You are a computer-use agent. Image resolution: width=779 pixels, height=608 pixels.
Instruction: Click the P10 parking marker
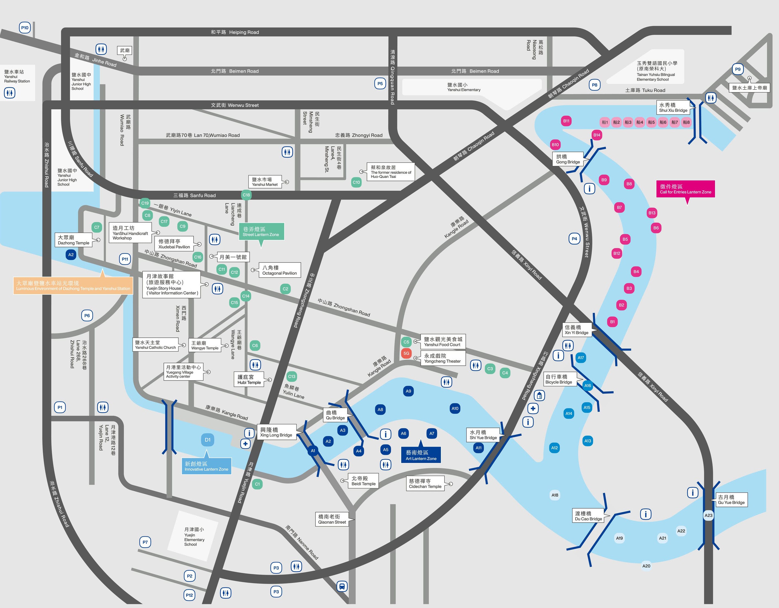point(25,28)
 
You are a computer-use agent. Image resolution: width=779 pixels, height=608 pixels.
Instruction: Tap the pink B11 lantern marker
point(566,121)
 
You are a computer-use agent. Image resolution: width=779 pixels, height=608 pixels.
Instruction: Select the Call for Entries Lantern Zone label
point(685,189)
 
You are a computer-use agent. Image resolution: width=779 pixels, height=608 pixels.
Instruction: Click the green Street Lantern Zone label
point(261,231)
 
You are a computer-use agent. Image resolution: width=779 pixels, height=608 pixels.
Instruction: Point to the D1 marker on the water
point(208,440)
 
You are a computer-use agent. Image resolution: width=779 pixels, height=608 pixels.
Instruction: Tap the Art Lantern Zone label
point(421,455)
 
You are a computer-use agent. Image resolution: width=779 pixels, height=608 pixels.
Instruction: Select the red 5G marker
point(406,353)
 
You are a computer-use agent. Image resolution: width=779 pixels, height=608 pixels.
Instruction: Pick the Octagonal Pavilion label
point(279,270)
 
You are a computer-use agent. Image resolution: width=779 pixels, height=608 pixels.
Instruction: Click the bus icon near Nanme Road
point(342,586)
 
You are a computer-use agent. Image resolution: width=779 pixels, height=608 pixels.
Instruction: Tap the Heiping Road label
point(235,32)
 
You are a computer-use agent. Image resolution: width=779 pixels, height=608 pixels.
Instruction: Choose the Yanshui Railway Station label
point(17,76)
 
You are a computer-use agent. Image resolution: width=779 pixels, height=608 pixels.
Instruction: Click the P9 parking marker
point(738,69)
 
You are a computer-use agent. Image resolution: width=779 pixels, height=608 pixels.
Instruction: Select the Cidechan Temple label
point(425,484)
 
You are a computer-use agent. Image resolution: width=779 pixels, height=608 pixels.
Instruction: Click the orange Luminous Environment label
point(73,285)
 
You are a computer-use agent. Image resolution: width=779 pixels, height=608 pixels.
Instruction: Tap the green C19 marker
point(145,203)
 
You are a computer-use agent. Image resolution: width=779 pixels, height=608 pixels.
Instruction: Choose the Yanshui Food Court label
point(442,342)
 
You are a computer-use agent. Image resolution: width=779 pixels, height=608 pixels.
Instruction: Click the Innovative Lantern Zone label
point(206,466)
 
